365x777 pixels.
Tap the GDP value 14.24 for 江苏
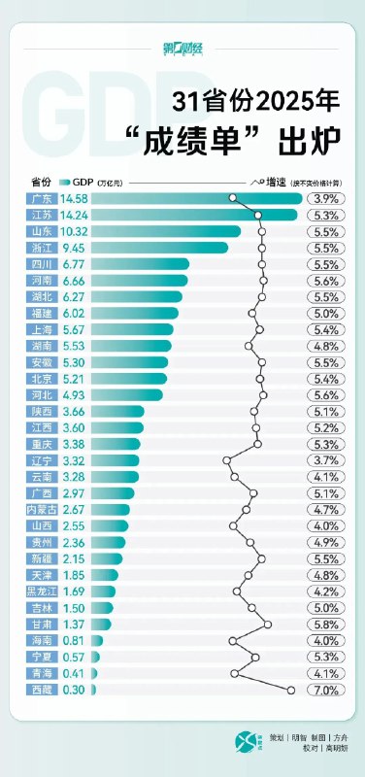click(75, 215)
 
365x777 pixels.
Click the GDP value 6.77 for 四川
click(75, 264)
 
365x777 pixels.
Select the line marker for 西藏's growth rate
click(290, 690)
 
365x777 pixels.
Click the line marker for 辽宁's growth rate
click(226, 460)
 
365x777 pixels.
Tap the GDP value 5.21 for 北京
click(75, 378)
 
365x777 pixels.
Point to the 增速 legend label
click(275, 182)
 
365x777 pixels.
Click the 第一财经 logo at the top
click(182, 48)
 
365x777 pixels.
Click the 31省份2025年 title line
click(256, 100)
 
